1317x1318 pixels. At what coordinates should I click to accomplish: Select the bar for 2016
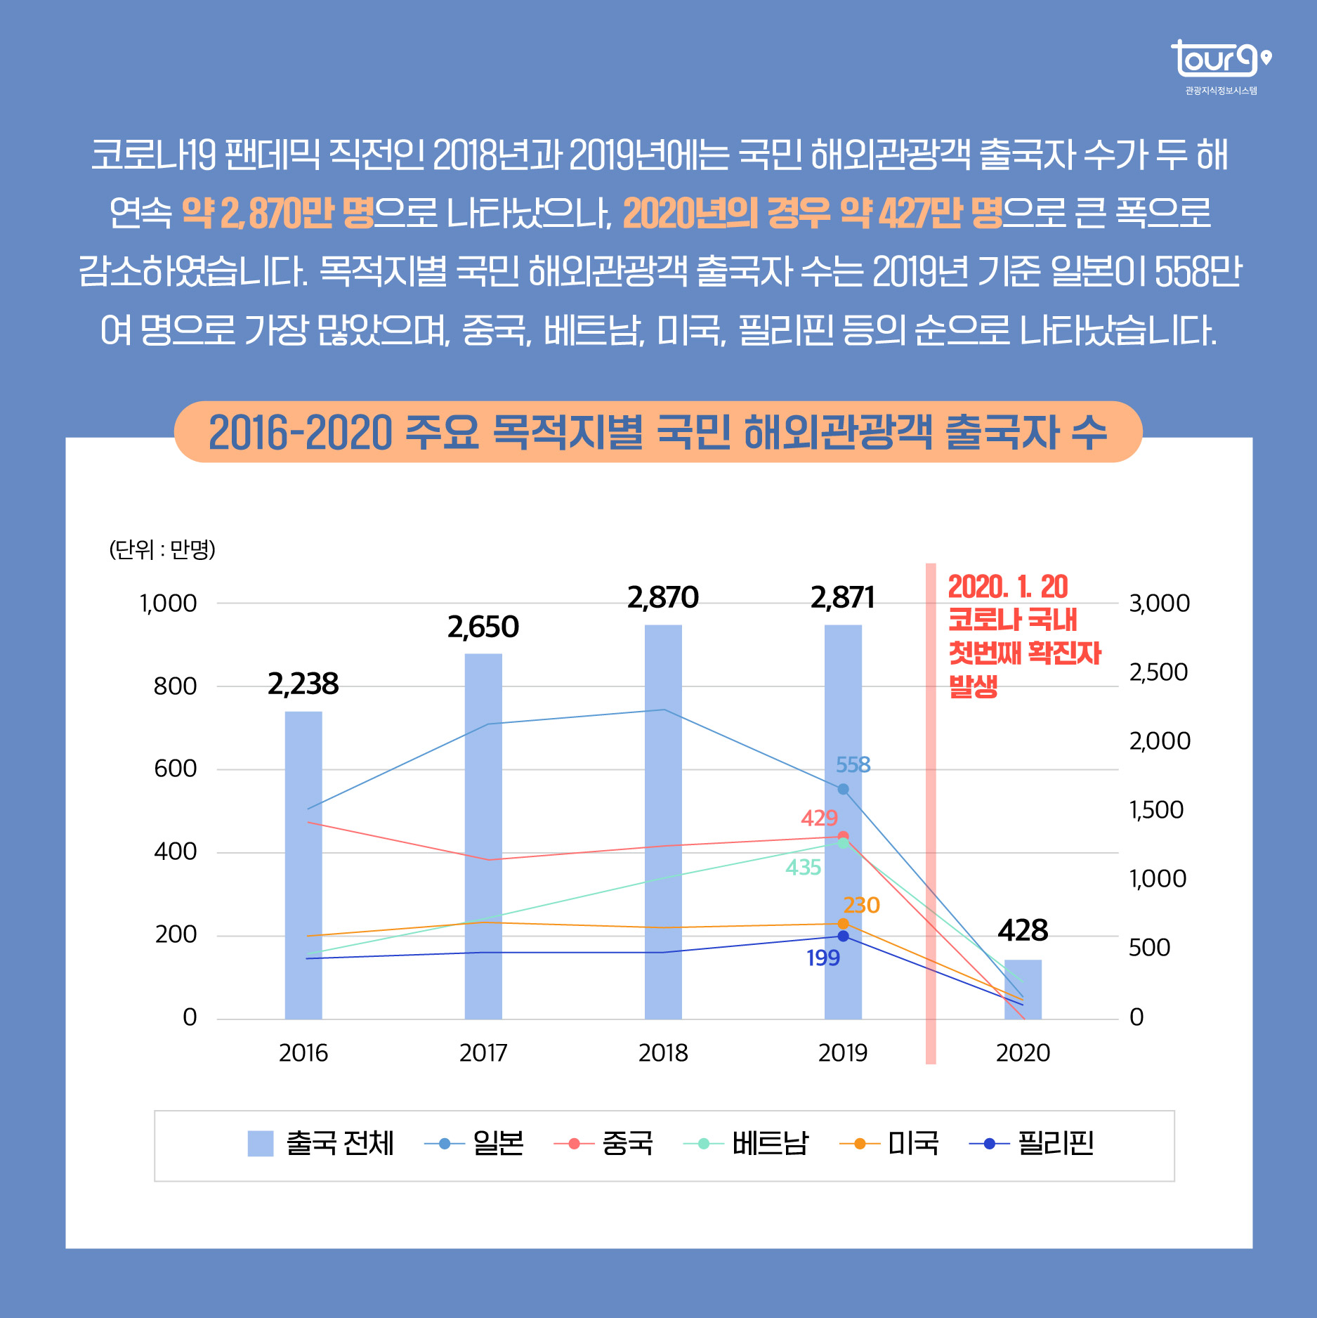pyautogui.click(x=303, y=864)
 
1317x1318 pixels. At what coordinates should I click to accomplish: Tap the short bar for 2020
pyautogui.click(x=1023, y=989)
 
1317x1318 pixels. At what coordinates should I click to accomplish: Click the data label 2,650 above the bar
pyautogui.click(x=483, y=627)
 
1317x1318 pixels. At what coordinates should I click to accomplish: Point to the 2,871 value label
pyautogui.click(x=842, y=598)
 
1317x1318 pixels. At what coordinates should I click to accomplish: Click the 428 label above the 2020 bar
pyautogui.click(x=1023, y=930)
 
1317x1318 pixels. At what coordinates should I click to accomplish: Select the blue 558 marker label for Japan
pyautogui.click(x=853, y=764)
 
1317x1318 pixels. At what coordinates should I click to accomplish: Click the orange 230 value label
pyautogui.click(x=861, y=905)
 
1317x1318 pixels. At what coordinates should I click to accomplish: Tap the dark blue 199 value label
pyautogui.click(x=823, y=958)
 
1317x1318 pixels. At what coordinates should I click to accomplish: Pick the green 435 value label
pyautogui.click(x=803, y=868)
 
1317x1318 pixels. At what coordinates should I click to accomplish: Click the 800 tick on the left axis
pyautogui.click(x=175, y=686)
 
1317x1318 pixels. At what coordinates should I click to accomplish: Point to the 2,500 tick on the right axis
pyautogui.click(x=1158, y=672)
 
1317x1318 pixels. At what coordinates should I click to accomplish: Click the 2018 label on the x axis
pyautogui.click(x=663, y=1052)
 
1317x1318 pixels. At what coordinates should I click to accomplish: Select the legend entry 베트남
pyautogui.click(x=769, y=1144)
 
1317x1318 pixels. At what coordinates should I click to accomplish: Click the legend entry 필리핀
pyautogui.click(x=1056, y=1144)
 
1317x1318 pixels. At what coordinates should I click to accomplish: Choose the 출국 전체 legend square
pyautogui.click(x=261, y=1144)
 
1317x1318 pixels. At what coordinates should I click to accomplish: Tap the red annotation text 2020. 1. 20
pyautogui.click(x=1007, y=587)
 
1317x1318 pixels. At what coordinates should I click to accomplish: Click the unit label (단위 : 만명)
pyautogui.click(x=162, y=549)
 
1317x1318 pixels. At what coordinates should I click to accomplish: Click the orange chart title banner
pyautogui.click(x=657, y=431)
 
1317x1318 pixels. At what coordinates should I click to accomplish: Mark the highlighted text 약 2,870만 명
pyautogui.click(x=277, y=213)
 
